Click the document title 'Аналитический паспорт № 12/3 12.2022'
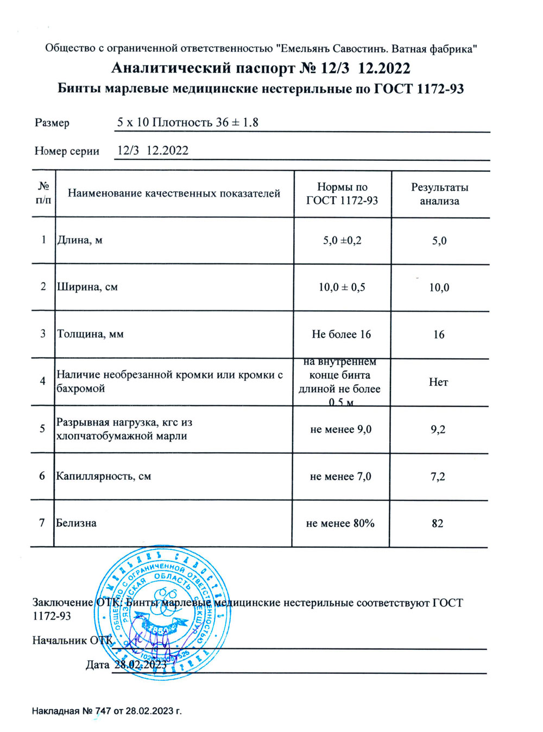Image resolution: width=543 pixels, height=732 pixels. tap(261, 68)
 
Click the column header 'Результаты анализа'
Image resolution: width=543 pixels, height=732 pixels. tap(439, 194)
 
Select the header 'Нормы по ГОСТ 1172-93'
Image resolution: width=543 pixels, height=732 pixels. tap(342, 194)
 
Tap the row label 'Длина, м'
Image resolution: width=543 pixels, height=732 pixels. tap(80, 240)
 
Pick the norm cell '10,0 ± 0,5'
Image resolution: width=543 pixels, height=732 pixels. tap(342, 287)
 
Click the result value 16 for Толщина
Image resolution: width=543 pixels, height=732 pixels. tap(439, 335)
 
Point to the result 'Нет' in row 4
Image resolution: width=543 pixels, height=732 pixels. tap(438, 382)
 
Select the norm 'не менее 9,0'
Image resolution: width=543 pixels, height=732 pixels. tap(341, 429)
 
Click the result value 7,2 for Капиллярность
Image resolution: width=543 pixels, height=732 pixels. tap(438, 477)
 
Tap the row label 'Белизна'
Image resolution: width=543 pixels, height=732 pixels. tap(77, 523)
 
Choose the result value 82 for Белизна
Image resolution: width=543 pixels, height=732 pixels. tap(437, 524)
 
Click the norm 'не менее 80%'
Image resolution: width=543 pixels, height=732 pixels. tap(340, 523)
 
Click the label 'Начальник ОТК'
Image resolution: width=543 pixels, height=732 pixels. tap(72, 640)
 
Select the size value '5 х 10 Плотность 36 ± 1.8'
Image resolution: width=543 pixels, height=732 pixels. tap(188, 122)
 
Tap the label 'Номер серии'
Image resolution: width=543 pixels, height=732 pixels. tap(67, 151)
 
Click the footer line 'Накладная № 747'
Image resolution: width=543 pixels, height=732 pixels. tap(106, 711)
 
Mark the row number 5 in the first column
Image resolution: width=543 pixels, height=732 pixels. tap(42, 429)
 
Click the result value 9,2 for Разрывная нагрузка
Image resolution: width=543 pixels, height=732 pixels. tap(438, 429)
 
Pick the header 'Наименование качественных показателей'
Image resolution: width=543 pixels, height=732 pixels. tap(174, 193)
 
